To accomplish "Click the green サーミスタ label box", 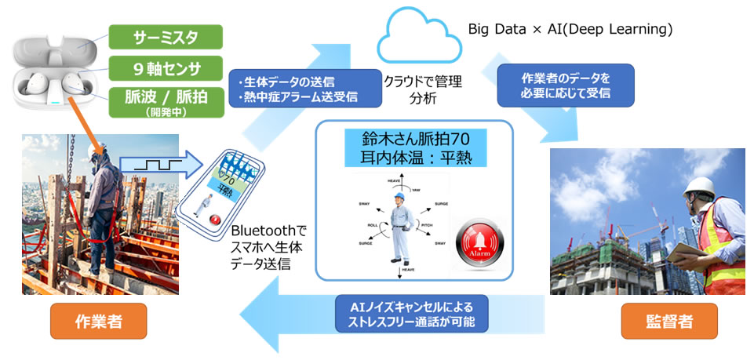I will pos(166,36).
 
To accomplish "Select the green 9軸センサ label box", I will pos(166,68).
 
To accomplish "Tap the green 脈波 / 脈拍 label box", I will pos(166,101).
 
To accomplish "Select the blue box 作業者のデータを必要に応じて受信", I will pos(566,85).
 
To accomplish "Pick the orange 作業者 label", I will pos(98,321).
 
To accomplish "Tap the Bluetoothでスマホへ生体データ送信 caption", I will pos(268,249).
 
